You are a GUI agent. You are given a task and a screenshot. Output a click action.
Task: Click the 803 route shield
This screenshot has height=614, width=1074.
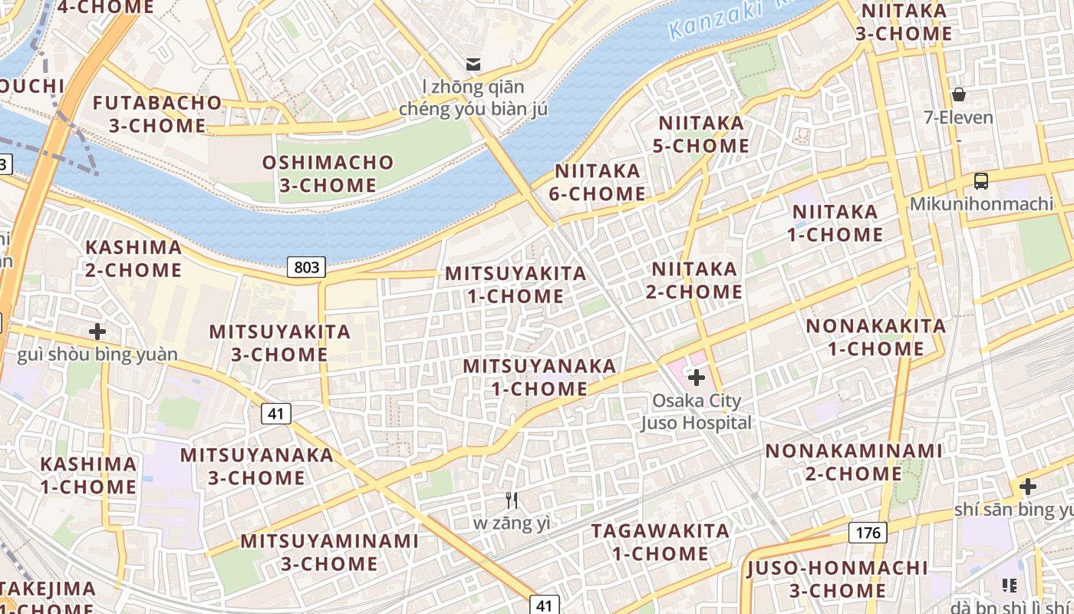(x=307, y=267)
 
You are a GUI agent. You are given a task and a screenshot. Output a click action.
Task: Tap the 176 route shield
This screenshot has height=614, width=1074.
(x=868, y=532)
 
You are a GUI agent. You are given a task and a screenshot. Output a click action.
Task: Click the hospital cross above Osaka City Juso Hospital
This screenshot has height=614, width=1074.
(x=697, y=377)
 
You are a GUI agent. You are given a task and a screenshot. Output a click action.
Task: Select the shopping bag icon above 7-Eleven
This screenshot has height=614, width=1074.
(x=958, y=94)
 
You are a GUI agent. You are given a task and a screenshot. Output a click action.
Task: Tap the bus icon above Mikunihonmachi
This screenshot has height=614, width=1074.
(x=980, y=181)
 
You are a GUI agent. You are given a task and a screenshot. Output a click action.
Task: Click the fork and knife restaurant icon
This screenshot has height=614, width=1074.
(x=512, y=500)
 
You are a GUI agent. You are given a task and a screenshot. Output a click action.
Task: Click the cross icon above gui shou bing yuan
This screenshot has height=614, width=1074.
(x=97, y=332)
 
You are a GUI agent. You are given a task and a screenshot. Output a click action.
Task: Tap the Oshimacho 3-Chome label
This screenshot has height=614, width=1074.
(x=328, y=173)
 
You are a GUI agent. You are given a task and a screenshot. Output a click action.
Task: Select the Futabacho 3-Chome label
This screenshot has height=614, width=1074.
(x=157, y=114)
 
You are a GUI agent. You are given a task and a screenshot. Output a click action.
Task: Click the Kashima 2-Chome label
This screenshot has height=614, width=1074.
(x=133, y=259)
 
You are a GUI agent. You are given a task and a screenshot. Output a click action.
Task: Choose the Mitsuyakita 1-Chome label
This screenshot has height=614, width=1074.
(x=516, y=284)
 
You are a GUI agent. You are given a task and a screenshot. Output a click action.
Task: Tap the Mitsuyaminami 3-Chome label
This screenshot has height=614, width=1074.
(x=330, y=552)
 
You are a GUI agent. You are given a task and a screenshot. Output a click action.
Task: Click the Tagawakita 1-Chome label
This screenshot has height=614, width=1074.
(x=661, y=542)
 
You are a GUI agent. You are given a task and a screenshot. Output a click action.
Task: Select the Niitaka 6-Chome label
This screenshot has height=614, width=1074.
(x=598, y=182)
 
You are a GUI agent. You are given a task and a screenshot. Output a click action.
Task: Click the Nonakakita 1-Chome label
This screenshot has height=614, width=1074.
(x=876, y=337)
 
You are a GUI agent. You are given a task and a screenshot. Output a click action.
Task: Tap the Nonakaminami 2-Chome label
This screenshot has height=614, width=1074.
(x=854, y=461)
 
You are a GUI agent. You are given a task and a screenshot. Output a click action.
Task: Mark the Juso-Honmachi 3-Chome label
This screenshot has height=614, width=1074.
(x=838, y=579)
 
